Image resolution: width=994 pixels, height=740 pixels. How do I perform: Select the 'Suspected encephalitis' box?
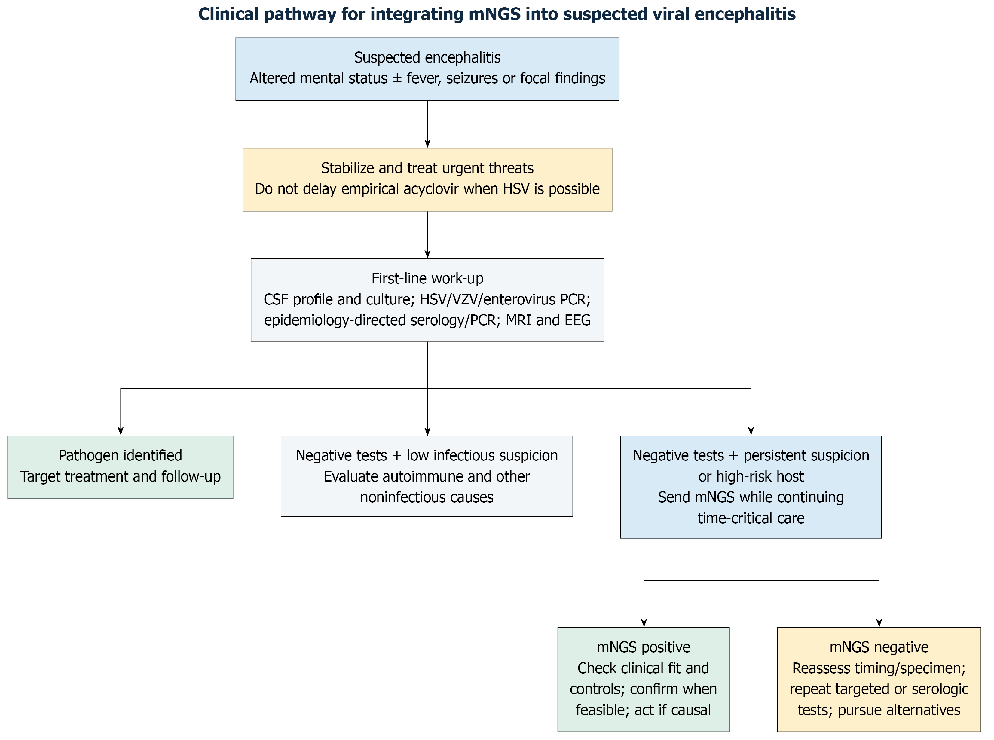point(427,69)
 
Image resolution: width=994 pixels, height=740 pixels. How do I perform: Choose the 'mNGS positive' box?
point(643,680)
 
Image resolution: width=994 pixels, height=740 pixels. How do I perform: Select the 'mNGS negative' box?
point(879,680)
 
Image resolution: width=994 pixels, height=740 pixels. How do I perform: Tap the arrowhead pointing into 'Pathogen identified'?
point(121,431)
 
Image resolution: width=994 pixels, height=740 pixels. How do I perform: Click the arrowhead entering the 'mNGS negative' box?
point(879,623)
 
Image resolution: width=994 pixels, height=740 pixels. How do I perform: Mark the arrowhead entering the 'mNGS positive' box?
point(644,623)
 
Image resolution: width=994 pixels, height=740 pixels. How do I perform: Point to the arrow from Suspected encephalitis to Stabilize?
point(427,124)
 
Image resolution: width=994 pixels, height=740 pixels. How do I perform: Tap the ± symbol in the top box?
point(397,79)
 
